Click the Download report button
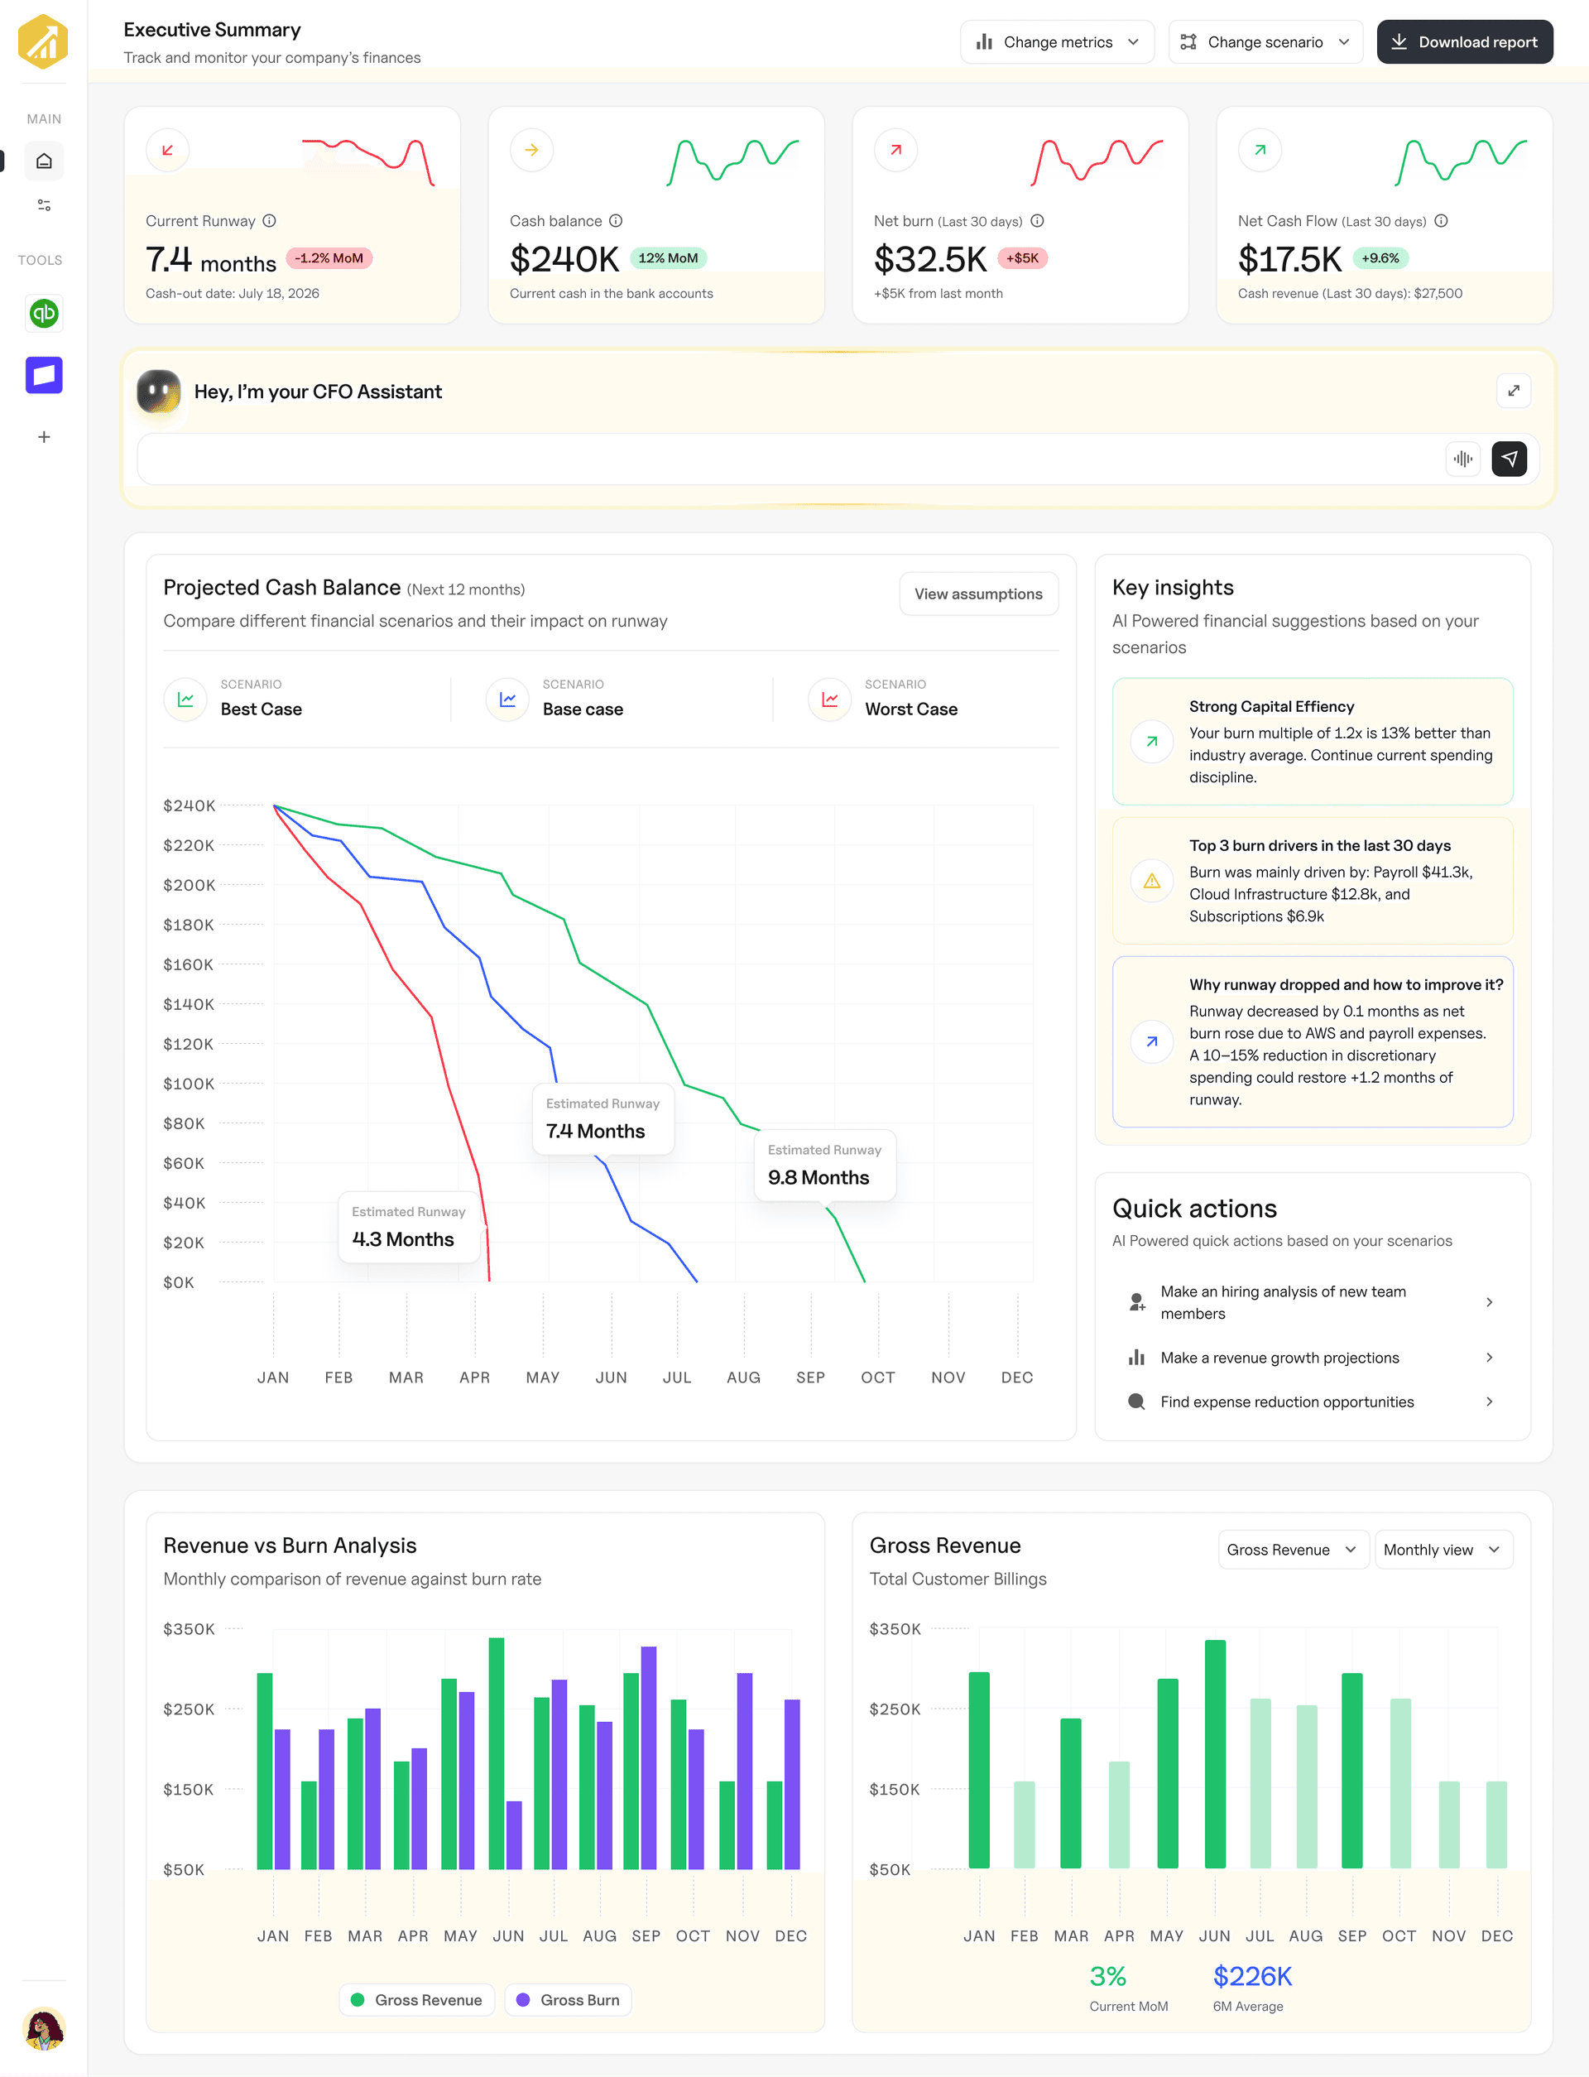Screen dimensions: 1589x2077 tap(1464, 41)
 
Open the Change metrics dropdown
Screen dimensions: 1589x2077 tap(1057, 41)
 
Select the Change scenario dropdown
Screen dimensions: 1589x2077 tap(1265, 41)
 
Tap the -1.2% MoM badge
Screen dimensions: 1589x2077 tap(329, 258)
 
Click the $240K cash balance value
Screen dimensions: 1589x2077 tap(564, 258)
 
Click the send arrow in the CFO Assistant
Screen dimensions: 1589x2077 tap(1509, 459)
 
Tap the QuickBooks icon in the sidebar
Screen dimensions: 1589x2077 tap(44, 313)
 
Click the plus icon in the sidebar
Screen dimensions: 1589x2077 tap(44, 437)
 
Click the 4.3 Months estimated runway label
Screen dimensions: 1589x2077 tap(403, 1239)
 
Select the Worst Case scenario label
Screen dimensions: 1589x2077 tap(911, 709)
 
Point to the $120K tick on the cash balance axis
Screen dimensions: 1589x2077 tap(188, 1044)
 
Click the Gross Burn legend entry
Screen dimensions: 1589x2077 tap(569, 1999)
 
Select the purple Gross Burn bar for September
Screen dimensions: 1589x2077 tap(648, 1757)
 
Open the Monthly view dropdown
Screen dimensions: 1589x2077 tap(1443, 1549)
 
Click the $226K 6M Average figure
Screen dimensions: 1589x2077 tap(1252, 1976)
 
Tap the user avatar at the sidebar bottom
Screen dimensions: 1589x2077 tap(44, 2028)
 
